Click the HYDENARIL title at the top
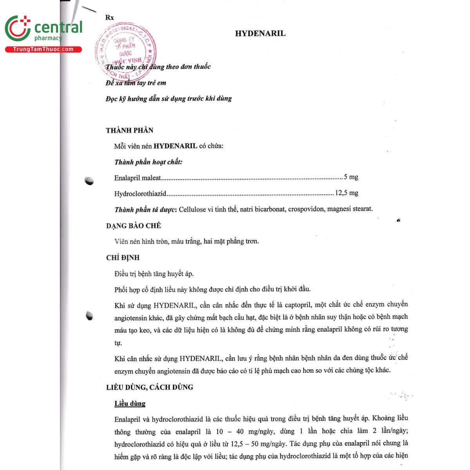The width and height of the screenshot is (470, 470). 260,34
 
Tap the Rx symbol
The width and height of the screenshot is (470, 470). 110,18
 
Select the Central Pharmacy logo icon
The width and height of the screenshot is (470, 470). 18,29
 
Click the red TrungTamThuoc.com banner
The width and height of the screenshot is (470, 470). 43,49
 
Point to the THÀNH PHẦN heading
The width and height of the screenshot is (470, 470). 130,130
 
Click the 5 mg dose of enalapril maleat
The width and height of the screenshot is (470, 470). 351,177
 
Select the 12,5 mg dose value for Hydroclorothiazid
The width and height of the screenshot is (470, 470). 347,193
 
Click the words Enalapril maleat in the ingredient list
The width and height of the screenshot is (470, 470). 137,178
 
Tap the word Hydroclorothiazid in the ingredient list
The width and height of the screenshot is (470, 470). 140,193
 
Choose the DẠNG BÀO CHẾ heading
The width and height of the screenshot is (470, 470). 134,226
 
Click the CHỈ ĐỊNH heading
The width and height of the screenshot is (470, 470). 123,258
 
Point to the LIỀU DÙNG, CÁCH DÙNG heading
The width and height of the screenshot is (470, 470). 150,387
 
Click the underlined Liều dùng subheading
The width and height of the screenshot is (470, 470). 130,403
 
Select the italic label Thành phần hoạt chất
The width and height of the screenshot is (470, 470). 148,162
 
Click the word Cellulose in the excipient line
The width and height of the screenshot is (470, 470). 193,209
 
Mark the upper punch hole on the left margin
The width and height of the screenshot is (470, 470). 90,181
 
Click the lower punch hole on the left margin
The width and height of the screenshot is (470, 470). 90,315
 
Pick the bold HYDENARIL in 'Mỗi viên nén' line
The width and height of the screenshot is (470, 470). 175,146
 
